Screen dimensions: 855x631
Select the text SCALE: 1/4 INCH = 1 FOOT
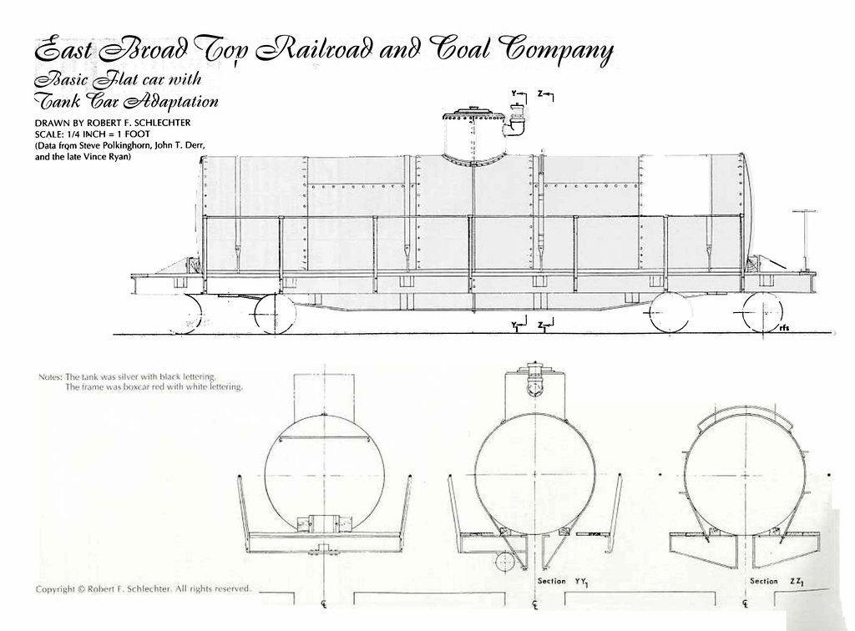92,134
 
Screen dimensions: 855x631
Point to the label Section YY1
564,582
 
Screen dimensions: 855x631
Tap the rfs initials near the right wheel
784,327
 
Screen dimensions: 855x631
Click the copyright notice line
144,588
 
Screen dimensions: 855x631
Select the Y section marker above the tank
519,96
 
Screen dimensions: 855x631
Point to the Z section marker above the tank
545,96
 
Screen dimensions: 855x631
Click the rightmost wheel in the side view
762,313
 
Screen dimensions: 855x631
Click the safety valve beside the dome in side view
516,119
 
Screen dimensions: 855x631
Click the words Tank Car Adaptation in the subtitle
127,101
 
